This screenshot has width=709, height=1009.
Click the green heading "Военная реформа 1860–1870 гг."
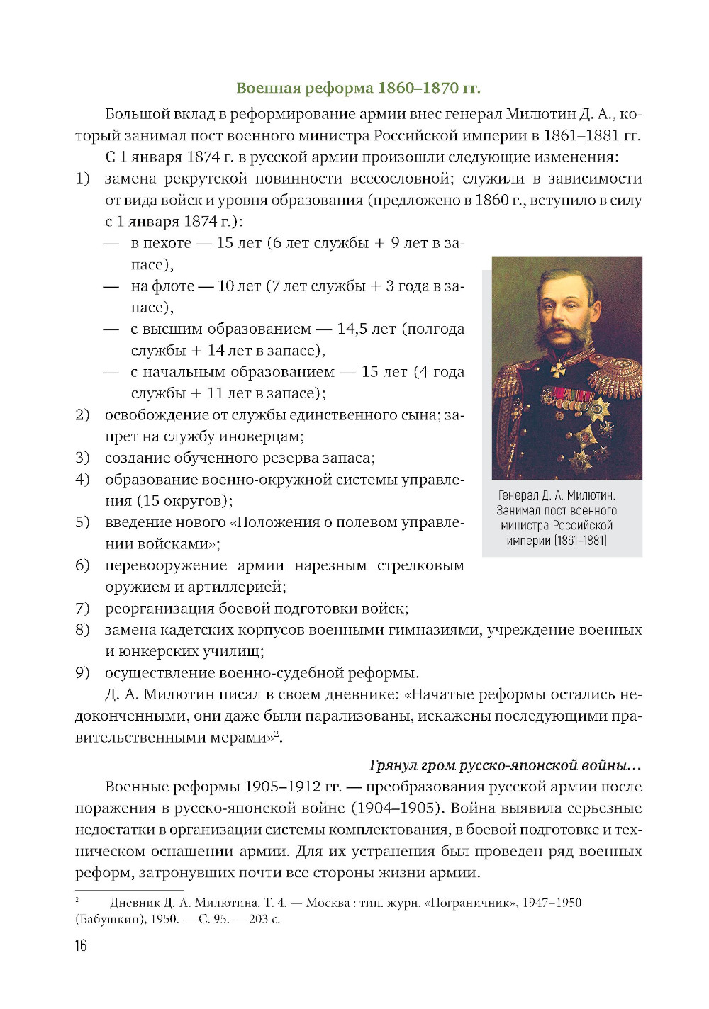(358, 88)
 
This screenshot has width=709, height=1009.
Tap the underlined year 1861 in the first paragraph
(560, 135)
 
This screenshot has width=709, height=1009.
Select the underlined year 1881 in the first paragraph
(603, 135)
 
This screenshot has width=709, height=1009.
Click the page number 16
(81, 945)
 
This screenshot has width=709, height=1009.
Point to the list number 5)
(83, 522)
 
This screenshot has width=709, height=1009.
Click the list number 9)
(83, 672)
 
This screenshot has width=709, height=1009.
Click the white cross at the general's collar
(559, 369)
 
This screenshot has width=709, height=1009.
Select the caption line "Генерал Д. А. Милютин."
(557, 495)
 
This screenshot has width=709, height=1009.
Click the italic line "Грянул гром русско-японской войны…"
(506, 765)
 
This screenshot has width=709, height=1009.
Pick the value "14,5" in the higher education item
(352, 329)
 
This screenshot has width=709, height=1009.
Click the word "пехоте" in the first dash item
(167, 243)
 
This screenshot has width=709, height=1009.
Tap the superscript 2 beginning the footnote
(77, 900)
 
